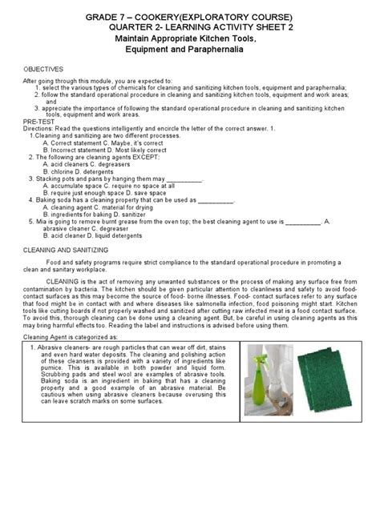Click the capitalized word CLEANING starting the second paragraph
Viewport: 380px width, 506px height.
[x=72, y=282]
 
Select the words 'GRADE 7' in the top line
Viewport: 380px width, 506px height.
[x=87, y=18]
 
